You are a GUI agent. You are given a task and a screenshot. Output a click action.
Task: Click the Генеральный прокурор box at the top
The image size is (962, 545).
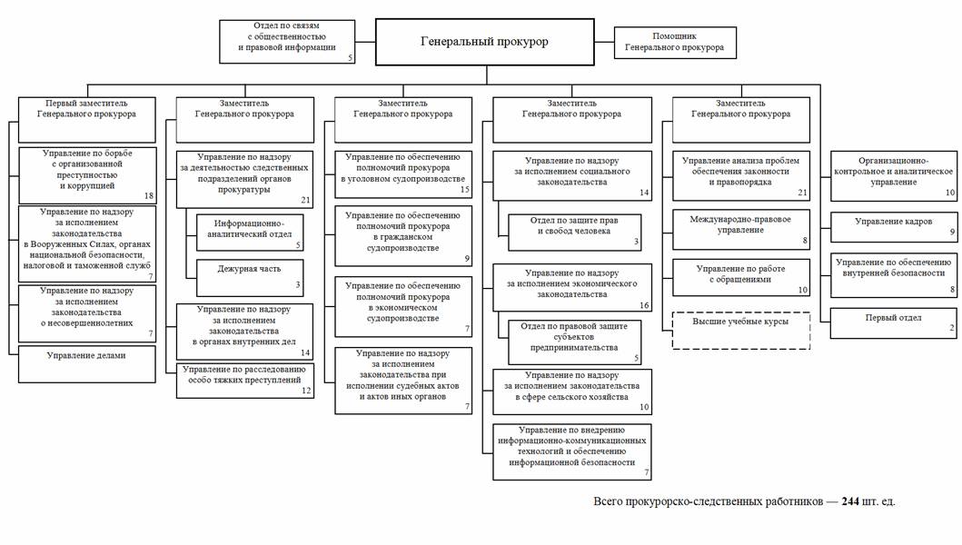click(484, 42)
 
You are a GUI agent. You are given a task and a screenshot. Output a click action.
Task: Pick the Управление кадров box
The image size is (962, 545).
click(894, 225)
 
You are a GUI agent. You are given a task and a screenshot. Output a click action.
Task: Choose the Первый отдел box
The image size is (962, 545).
click(894, 323)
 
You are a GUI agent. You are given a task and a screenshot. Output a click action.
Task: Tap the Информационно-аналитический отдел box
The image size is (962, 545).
click(249, 231)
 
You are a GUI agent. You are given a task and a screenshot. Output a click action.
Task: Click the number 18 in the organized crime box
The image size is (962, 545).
click(149, 196)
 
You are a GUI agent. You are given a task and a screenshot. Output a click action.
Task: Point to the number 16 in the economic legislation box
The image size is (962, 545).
click(644, 305)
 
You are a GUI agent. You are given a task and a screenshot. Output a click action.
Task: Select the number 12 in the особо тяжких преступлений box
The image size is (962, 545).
click(306, 391)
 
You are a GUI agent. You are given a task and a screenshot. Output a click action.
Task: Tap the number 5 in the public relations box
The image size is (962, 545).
click(350, 57)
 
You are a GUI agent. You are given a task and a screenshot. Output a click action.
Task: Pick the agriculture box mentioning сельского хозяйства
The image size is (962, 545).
click(572, 390)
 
